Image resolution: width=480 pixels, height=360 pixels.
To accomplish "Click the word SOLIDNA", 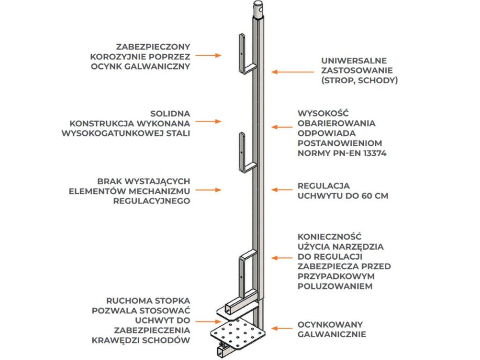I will [170, 113].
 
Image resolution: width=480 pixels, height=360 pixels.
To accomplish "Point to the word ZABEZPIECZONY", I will [153, 46].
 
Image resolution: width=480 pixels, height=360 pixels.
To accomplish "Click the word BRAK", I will [109, 180].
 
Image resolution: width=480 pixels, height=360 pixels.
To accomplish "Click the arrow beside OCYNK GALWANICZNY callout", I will [208, 55].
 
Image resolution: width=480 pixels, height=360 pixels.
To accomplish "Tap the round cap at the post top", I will [259, 8].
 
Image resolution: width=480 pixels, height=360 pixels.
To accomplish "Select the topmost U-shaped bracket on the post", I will [245, 54].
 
